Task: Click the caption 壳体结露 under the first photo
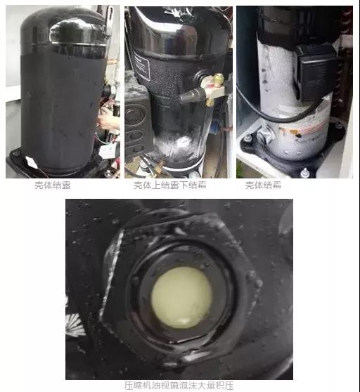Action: [53, 185]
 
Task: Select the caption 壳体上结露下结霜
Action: [170, 185]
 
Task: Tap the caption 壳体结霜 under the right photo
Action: [263, 185]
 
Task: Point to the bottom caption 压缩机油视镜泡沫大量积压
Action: [179, 386]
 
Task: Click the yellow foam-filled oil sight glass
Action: [181, 297]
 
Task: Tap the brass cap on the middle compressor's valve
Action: [219, 80]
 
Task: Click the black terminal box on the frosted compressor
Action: [316, 72]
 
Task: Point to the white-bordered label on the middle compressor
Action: [141, 65]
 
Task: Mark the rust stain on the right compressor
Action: [292, 132]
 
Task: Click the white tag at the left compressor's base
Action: [31, 162]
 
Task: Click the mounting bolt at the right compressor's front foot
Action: [304, 173]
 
